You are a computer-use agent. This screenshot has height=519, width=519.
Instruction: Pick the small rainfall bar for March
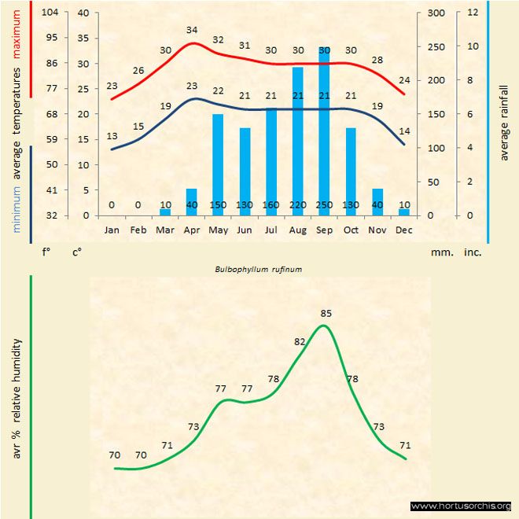tap(165, 212)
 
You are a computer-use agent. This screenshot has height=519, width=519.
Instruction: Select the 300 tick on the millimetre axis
tap(435, 13)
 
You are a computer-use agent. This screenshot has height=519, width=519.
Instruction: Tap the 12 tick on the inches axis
tap(473, 13)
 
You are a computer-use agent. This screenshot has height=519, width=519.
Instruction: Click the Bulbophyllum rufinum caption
tap(259, 268)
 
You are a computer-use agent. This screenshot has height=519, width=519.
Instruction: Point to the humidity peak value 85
tap(326, 314)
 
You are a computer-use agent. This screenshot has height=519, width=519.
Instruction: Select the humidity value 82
tap(300, 342)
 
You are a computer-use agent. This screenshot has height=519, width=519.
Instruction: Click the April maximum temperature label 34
tap(192, 30)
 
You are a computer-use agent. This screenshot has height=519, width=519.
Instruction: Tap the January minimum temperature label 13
tap(112, 136)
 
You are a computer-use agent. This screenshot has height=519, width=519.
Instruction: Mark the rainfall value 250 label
tap(324, 205)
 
